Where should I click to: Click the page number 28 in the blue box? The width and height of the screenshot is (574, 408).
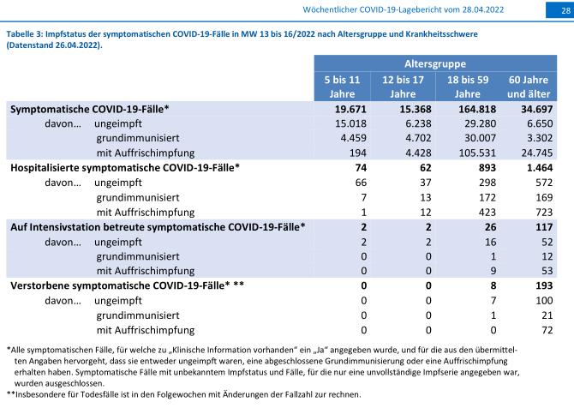click(x=566, y=10)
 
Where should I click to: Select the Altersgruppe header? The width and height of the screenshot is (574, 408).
click(x=435, y=63)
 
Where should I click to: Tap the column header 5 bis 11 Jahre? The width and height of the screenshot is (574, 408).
click(x=343, y=87)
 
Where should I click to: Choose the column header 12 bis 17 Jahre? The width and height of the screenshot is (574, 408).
click(x=403, y=87)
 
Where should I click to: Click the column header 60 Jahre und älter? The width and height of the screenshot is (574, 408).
click(x=529, y=87)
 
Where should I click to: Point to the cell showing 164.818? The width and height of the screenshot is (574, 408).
click(x=477, y=109)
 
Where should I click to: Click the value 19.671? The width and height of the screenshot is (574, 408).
click(x=350, y=109)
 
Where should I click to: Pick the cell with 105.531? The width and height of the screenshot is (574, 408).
click(x=477, y=153)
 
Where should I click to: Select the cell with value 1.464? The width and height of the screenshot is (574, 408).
click(x=537, y=168)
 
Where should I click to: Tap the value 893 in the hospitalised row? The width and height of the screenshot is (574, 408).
click(x=487, y=168)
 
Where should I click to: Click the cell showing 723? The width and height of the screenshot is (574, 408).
click(x=544, y=212)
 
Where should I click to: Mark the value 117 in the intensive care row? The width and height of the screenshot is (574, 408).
click(x=544, y=227)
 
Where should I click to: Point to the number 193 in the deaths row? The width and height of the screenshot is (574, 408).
click(x=544, y=285)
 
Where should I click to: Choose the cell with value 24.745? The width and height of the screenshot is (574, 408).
click(x=537, y=153)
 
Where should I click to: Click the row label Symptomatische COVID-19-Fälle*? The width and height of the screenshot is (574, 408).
click(x=90, y=109)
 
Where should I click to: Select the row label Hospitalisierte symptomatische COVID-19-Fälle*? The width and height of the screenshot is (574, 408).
click(x=125, y=168)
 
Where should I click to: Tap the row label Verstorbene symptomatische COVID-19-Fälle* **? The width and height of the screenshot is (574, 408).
click(x=127, y=285)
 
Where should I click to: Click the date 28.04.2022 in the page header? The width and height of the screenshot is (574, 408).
click(x=483, y=10)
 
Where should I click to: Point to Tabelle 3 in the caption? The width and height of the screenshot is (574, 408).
click(x=25, y=34)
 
